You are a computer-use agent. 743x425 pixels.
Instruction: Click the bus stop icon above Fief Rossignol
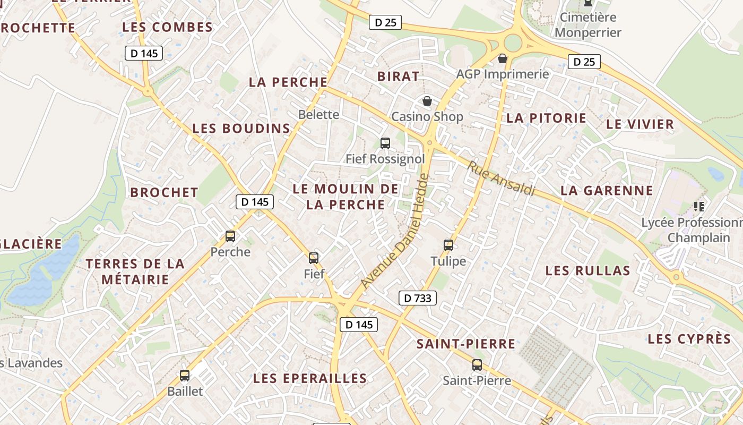click(385, 143)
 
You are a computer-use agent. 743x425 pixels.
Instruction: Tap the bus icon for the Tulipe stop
click(448, 245)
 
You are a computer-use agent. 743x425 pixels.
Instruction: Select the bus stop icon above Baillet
click(185, 376)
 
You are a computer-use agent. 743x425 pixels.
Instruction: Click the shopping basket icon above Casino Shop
click(427, 101)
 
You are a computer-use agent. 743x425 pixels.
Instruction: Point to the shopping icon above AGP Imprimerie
click(503, 58)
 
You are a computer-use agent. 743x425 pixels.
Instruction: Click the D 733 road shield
click(418, 298)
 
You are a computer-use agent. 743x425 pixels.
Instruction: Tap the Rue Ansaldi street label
click(501, 178)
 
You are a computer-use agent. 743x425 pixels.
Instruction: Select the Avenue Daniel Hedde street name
click(394, 232)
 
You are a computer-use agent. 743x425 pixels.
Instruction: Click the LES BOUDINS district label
click(241, 129)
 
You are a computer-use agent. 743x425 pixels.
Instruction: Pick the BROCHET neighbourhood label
click(165, 192)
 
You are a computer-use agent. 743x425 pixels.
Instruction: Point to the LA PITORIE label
click(546, 118)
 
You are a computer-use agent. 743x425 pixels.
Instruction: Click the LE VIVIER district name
click(640, 124)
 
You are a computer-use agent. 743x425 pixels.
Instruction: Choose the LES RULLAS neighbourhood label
click(588, 270)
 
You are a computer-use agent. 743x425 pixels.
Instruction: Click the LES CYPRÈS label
click(689, 339)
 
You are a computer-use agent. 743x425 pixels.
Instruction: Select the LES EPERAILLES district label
click(310, 378)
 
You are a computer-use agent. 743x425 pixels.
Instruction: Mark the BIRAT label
click(399, 76)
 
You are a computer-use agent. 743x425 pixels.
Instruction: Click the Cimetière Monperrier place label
click(588, 24)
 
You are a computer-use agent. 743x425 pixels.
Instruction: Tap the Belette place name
click(318, 114)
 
